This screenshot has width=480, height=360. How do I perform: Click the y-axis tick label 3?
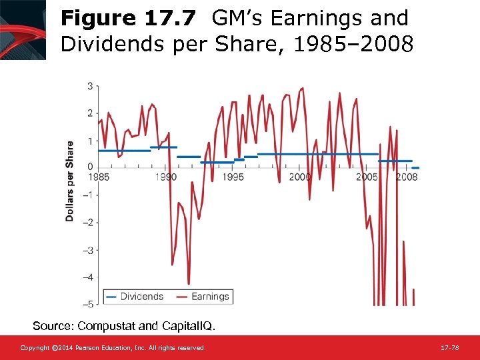point(90,86)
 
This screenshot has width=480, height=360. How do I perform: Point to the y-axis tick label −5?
point(87,305)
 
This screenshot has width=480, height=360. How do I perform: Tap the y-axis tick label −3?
point(87,250)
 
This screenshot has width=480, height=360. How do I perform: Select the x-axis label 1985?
point(98,177)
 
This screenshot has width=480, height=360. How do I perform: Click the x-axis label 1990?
point(166,177)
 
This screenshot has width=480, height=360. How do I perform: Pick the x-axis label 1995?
point(233,177)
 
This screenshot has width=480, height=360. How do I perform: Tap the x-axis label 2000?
point(300,177)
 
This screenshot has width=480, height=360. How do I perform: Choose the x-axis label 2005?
point(367,177)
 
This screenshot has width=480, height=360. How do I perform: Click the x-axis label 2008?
point(407,177)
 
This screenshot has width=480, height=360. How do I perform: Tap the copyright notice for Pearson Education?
point(113,348)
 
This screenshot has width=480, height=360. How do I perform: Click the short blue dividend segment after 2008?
point(415,168)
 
